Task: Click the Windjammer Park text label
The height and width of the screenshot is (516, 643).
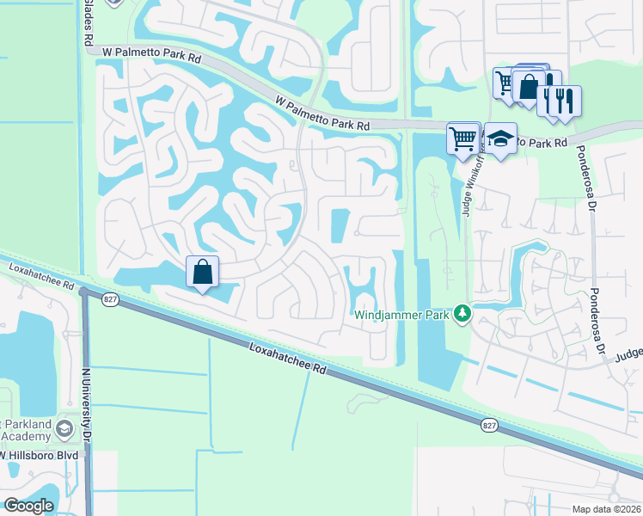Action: click(402, 315)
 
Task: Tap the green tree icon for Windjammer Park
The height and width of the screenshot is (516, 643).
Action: click(462, 313)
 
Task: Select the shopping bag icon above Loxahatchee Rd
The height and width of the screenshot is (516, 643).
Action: click(202, 273)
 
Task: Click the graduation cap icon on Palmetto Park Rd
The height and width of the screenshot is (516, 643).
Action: click(499, 138)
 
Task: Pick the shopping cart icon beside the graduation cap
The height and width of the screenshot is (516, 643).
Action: click(463, 138)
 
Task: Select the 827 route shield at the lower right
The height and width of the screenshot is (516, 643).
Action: click(489, 424)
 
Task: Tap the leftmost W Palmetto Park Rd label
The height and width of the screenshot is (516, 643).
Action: click(150, 52)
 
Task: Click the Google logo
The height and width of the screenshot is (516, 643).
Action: click(29, 505)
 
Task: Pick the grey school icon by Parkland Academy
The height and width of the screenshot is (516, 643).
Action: click(64, 428)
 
